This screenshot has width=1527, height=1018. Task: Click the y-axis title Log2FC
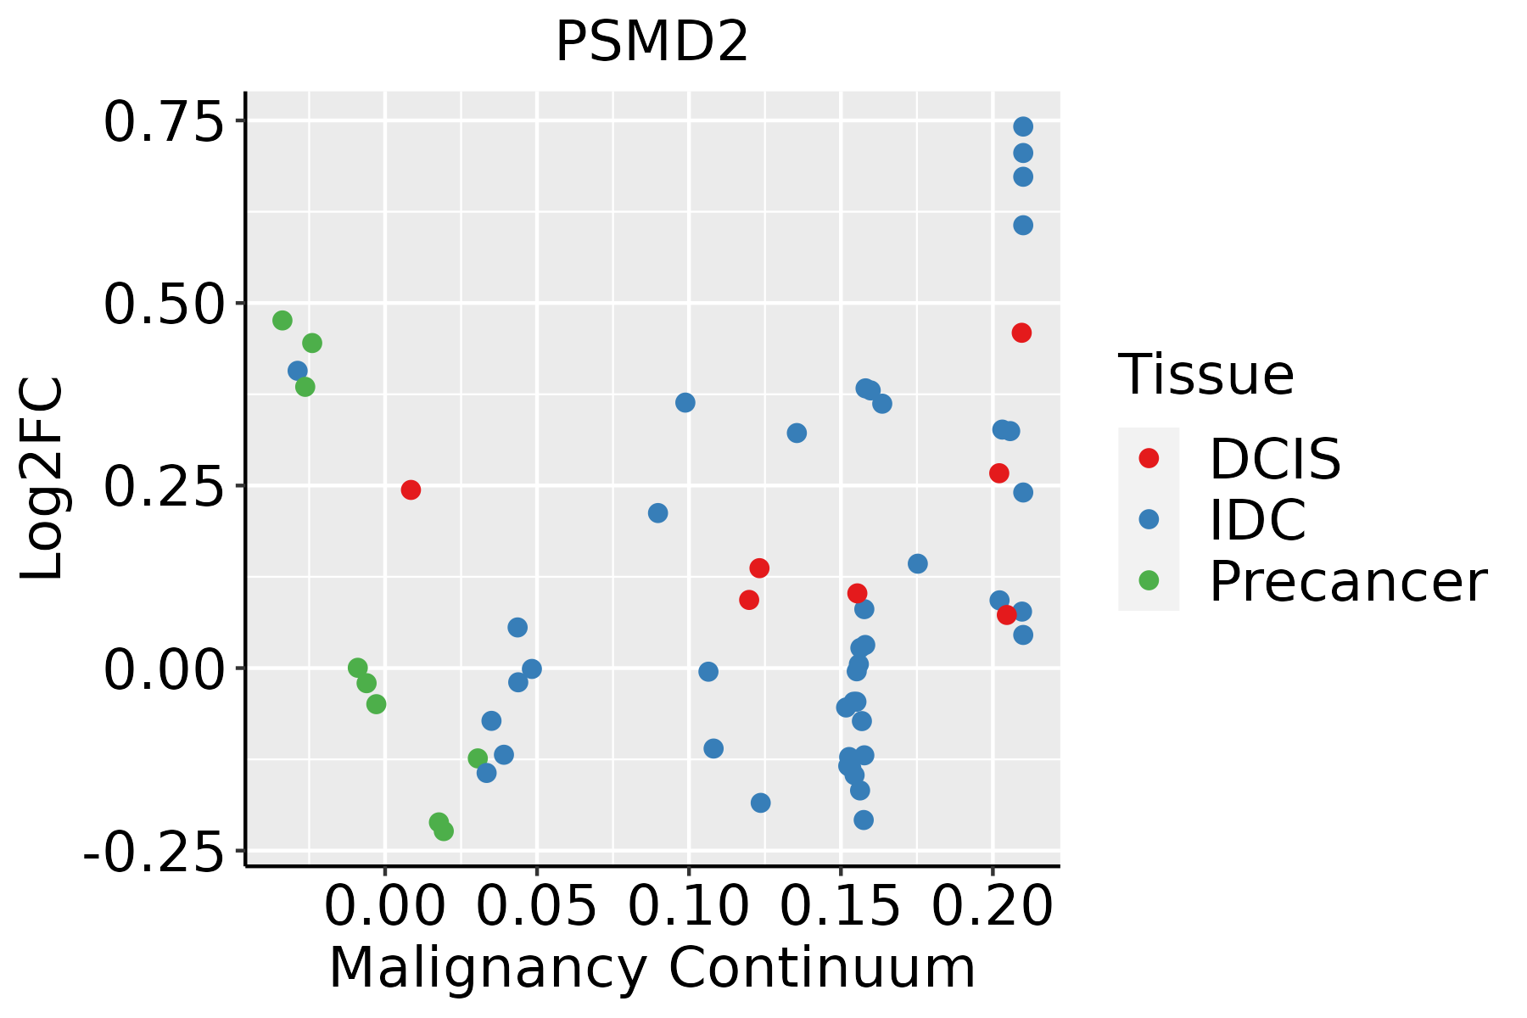pos(42,479)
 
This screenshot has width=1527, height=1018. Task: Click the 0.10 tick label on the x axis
pos(689,906)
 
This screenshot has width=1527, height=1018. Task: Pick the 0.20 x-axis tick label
pos(993,906)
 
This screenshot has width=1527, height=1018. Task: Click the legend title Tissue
pos(1205,374)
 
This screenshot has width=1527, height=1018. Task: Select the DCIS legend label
pos(1274,459)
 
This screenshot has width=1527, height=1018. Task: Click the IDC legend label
pos(1257,519)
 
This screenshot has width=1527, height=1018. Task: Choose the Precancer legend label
pos(1347,581)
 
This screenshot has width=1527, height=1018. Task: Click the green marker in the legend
pos(1149,580)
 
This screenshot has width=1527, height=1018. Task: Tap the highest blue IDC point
pos(1023,126)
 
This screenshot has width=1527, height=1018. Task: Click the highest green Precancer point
pos(282,321)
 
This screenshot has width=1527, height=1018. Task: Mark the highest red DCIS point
pos(1021,333)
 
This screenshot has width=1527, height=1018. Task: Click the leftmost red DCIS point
pos(411,489)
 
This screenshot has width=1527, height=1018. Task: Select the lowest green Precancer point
pos(444,831)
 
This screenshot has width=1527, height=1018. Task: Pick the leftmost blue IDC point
pos(298,371)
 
